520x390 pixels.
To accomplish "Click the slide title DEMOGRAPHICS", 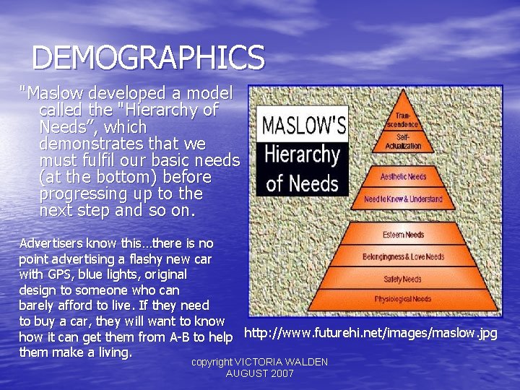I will [x=149, y=58].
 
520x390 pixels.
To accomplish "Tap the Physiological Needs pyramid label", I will [x=402, y=299].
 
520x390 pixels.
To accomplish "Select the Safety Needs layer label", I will [x=402, y=279].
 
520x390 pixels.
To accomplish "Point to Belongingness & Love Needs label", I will [x=403, y=256].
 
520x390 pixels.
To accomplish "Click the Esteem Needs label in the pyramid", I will [x=404, y=235].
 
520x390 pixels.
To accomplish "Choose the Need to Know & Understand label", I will [x=403, y=199].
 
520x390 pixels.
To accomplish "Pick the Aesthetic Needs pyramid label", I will [x=403, y=177].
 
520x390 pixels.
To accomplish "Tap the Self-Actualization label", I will [x=403, y=141].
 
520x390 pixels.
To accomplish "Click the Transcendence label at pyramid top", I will [x=402, y=119].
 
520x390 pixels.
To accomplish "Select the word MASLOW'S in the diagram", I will [x=303, y=126].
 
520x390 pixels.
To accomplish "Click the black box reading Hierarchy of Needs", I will [x=303, y=168].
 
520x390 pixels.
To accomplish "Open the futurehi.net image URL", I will [x=370, y=333].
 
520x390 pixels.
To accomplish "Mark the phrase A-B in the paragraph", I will [x=176, y=337].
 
